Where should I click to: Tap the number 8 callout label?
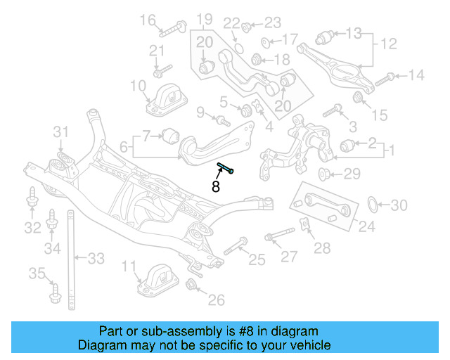coord(216,187)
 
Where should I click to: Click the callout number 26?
coord(216,300)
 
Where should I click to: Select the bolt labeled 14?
coord(384,79)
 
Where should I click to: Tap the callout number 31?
coord(62,131)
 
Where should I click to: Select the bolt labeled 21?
coord(161,71)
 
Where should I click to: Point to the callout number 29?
coord(352,174)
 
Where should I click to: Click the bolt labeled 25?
coord(234,247)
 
